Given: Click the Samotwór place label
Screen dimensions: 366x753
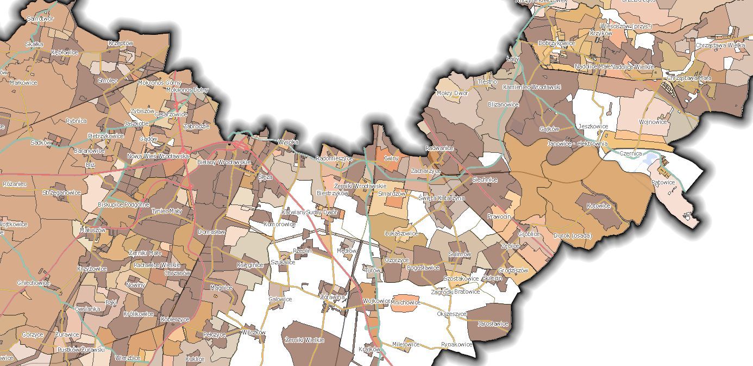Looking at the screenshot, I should (41, 18).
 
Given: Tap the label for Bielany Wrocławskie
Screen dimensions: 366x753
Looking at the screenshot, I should (224, 162).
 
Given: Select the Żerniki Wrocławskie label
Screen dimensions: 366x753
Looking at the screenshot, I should (360, 186).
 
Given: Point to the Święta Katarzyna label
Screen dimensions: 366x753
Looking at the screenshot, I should (442, 198).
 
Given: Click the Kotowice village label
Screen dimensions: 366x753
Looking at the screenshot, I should (599, 206).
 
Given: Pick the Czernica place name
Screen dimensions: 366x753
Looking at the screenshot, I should (631, 153).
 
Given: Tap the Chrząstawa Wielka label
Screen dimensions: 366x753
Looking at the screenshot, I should (720, 45).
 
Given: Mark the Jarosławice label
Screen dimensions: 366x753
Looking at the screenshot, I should (493, 324).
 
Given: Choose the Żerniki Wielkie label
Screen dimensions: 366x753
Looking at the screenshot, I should (304, 340).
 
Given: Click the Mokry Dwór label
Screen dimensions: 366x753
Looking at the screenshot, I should (452, 93).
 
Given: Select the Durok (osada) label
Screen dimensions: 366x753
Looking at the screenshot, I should (572, 235).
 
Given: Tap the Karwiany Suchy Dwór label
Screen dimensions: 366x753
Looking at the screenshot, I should (310, 212).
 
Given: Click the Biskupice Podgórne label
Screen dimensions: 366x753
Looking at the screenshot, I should (123, 204).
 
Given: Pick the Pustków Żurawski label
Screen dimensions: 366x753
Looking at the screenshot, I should (80, 350).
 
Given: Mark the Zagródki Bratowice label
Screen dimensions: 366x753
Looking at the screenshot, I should (455, 291).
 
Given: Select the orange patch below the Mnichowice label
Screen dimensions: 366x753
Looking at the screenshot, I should (406, 308).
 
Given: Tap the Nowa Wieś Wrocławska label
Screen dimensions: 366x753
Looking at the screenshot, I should (158, 156).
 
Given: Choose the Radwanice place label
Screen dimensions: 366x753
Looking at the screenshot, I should (440, 148).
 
